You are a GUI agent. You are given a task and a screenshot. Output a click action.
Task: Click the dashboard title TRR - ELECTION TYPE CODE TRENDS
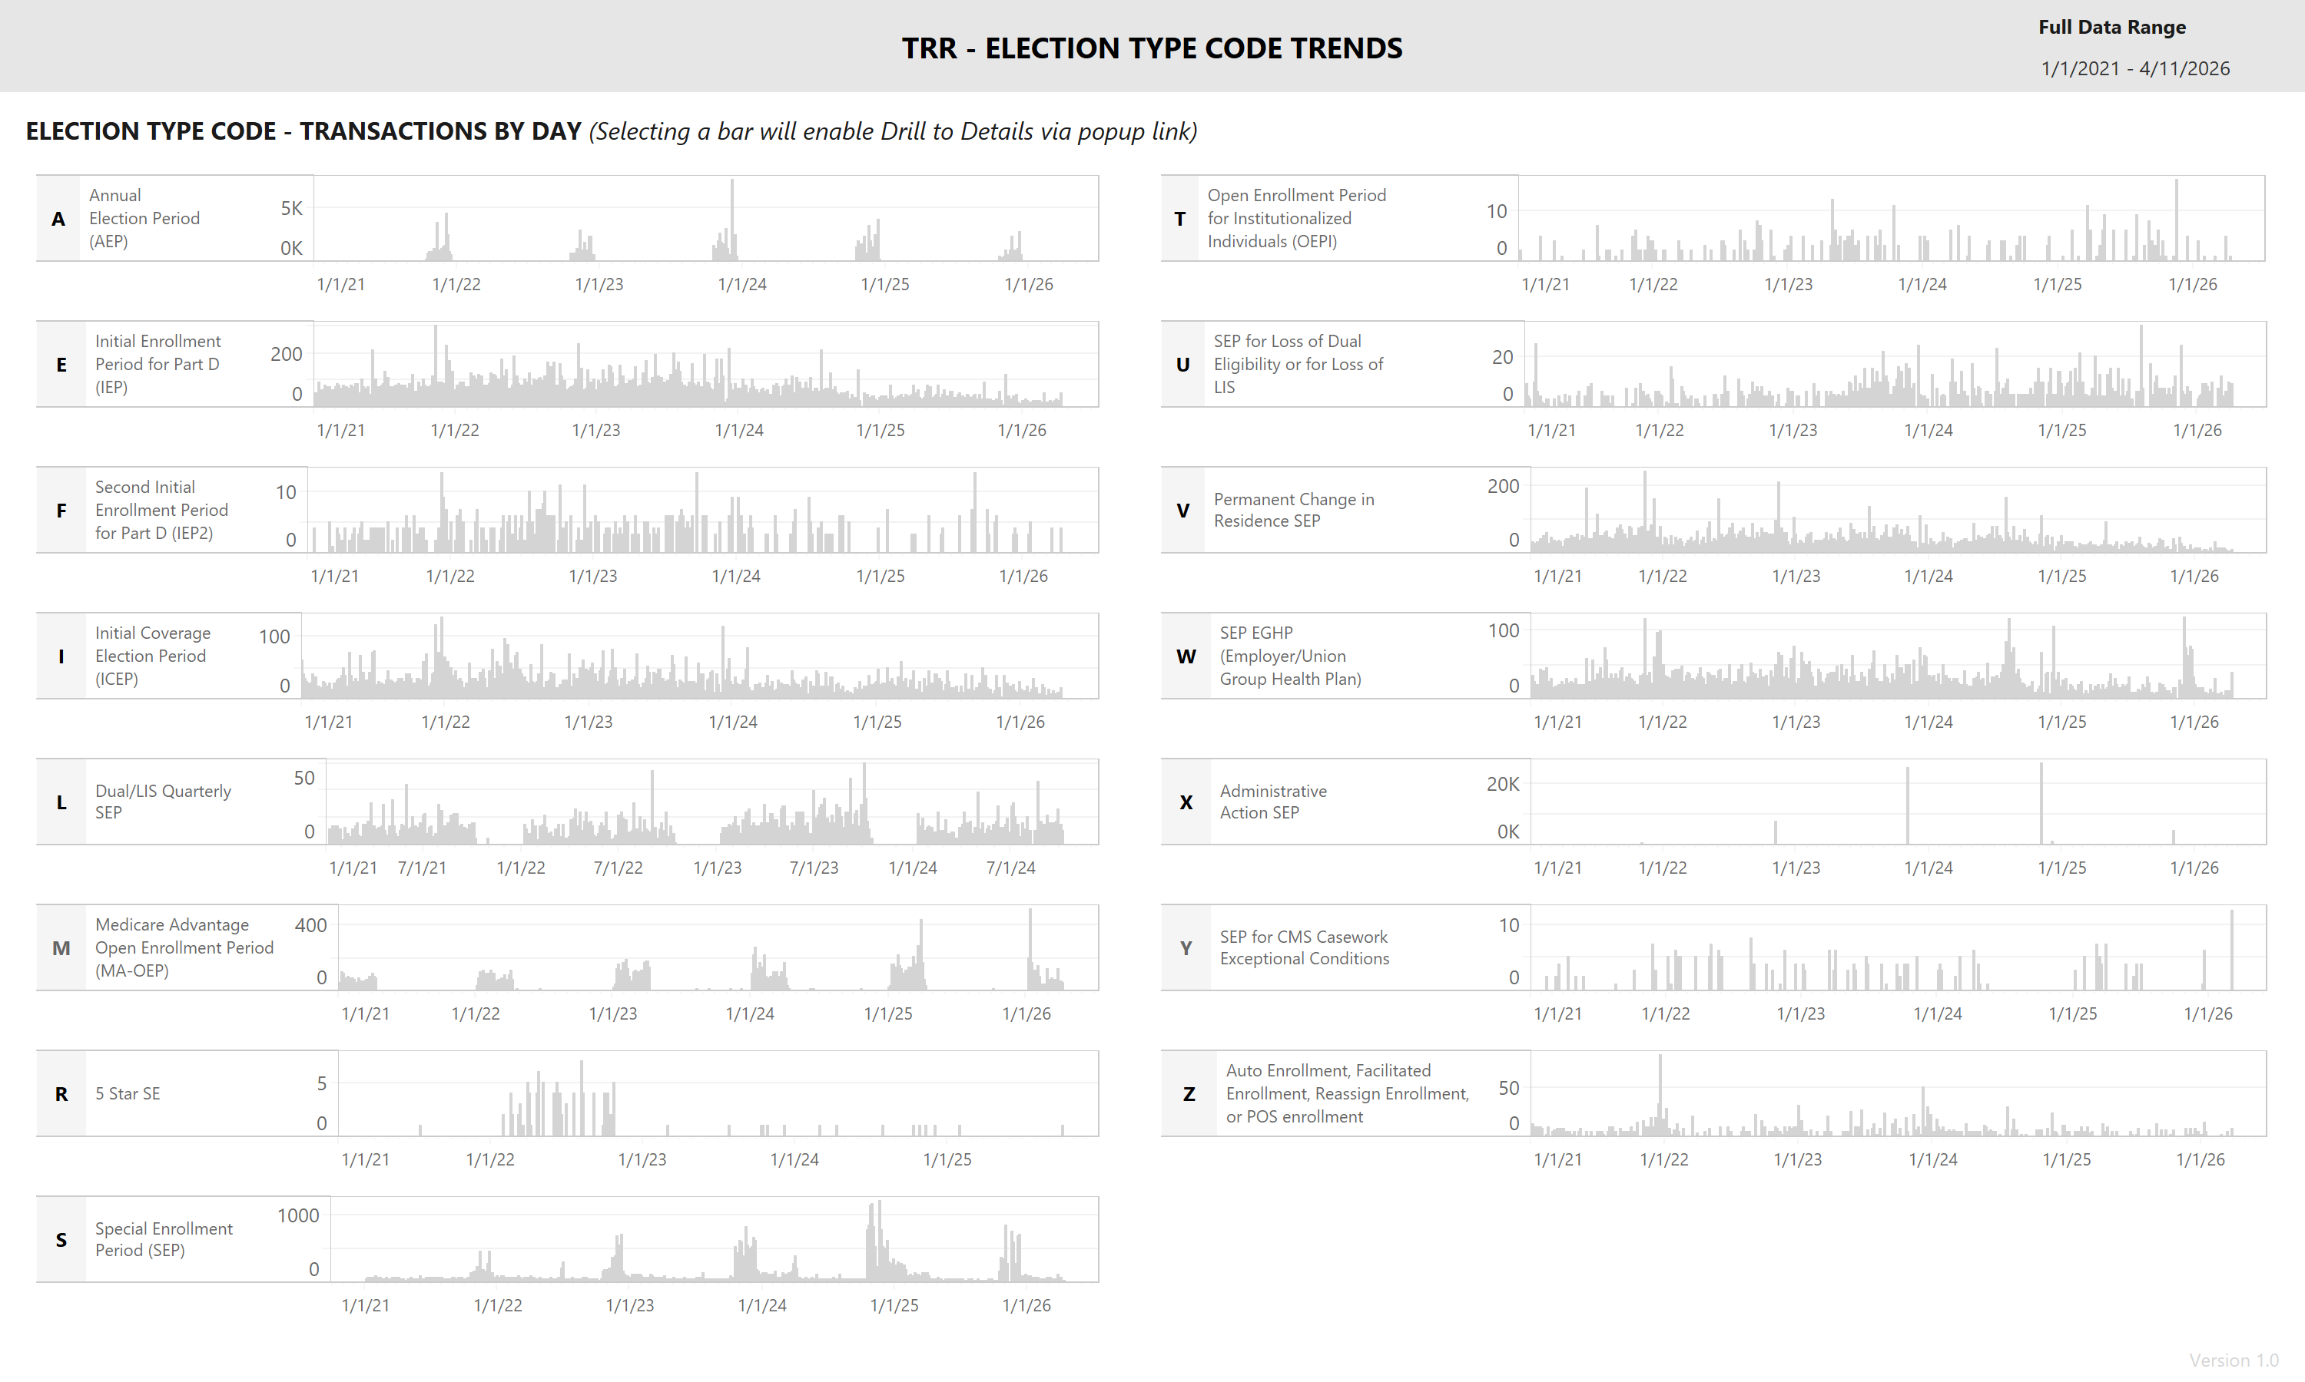pos(1152,48)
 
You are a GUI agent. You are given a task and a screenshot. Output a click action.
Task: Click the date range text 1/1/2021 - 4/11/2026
pos(2134,69)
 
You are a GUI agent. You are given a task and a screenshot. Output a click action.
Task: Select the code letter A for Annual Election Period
pos(58,219)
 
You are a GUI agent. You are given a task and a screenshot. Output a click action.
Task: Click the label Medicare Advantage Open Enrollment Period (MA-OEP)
pos(184,947)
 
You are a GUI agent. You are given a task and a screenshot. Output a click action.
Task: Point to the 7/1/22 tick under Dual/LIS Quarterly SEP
pos(618,868)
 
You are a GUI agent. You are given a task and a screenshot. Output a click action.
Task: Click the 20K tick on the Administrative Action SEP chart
pos(1502,784)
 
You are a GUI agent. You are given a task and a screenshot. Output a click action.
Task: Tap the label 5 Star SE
pos(128,1093)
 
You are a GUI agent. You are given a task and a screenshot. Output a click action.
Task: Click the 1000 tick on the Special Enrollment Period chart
pos(298,1215)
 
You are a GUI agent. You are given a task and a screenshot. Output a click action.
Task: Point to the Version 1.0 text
pos(2234,1360)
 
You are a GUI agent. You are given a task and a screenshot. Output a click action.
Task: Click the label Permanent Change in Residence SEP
pos(1293,511)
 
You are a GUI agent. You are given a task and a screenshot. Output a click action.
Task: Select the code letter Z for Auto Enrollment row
pos(1188,1094)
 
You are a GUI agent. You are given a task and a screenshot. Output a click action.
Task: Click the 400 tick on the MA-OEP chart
pos(310,924)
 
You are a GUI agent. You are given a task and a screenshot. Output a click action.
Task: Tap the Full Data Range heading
pos(2111,27)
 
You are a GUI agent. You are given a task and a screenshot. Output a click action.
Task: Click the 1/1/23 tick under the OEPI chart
pos(1788,284)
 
